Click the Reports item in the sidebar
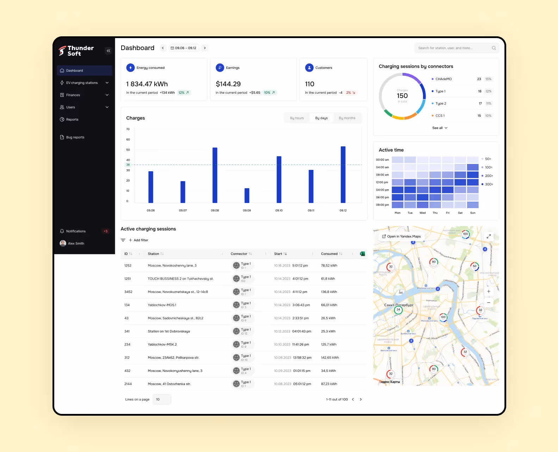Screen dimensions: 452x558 pos(72,120)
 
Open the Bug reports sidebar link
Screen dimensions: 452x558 pos(75,138)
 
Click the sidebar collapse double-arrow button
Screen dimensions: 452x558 pos(108,51)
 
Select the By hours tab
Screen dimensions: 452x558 pos(297,118)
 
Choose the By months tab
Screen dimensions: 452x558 pos(347,118)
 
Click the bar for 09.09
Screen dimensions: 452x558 pos(247,196)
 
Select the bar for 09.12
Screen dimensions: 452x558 pos(343,175)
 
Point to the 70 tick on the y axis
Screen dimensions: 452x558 pos(128,129)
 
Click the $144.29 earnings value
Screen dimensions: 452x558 pos(228,84)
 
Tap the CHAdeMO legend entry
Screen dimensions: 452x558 pos(443,79)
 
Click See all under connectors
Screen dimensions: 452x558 pos(440,128)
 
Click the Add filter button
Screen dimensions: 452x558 pos(138,240)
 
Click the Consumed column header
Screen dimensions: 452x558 pos(329,254)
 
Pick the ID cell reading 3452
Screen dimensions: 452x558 pos(128,292)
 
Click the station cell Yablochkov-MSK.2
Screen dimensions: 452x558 pos(162,344)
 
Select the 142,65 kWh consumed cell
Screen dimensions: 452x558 pos(330,358)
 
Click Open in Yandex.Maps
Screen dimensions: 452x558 pos(401,237)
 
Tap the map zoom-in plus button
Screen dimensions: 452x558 pos(489,292)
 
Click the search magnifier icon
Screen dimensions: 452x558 pos(494,48)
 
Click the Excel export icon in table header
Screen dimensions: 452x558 pos(362,254)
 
